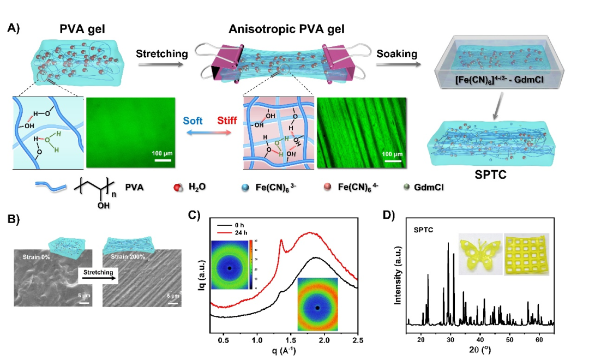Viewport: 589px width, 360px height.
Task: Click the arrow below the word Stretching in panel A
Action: [x=161, y=64]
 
